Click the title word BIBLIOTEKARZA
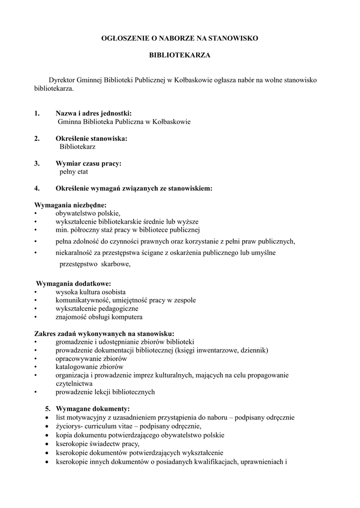point(180,56)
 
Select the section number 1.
point(37,113)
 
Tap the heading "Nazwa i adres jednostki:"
point(93,113)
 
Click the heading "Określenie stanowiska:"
point(91,138)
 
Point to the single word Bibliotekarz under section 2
point(77,147)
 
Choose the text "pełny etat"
point(73,172)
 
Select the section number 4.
point(37,189)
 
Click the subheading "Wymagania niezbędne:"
point(70,205)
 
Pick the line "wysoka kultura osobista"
point(90,292)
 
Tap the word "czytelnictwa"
point(74,383)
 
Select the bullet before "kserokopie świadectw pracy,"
point(46,444)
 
